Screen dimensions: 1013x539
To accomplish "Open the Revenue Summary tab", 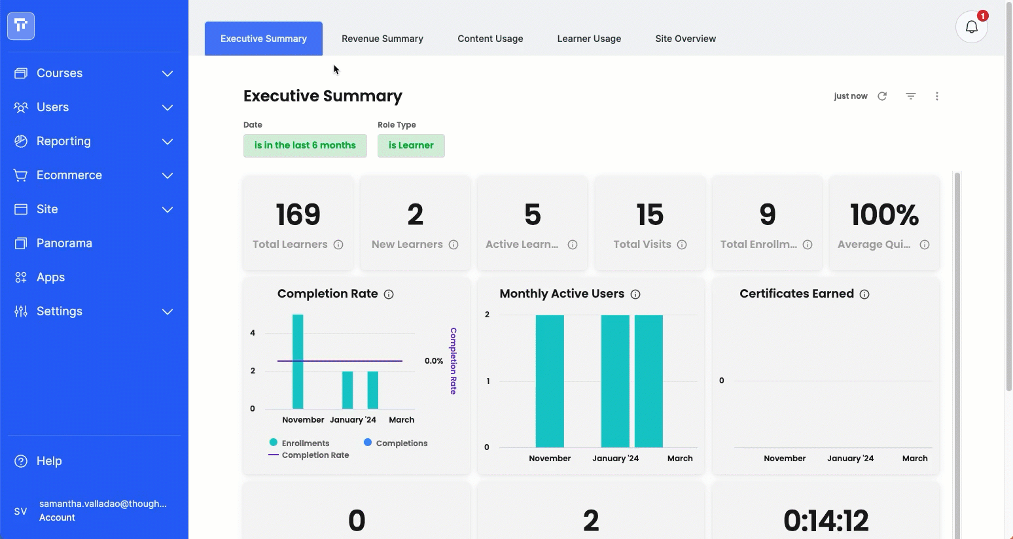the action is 382,39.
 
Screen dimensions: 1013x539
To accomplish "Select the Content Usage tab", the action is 490,39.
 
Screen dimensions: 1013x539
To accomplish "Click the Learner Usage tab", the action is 589,39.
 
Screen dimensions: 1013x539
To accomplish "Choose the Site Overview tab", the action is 686,39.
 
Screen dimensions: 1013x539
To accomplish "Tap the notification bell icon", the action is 971,27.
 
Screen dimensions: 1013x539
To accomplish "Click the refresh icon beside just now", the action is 882,96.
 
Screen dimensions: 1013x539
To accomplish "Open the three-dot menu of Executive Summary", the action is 936,96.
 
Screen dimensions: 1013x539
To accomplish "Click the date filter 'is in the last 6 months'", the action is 305,146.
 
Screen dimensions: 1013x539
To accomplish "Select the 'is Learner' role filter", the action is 411,146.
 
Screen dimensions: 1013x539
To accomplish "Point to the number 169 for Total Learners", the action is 298,214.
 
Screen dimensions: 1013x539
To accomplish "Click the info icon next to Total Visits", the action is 681,245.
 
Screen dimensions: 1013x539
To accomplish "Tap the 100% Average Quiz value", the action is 884,214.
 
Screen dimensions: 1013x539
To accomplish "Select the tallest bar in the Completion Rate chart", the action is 298,362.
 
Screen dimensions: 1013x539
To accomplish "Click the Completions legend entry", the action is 395,443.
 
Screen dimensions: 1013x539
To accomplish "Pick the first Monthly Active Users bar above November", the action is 550,381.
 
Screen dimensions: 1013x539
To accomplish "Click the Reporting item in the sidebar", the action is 63,141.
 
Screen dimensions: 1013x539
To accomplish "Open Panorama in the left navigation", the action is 63,243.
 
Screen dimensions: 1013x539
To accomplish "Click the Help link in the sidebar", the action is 49,461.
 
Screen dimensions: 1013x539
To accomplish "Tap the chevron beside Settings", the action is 168,311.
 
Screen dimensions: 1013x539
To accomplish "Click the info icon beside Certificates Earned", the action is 864,294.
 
